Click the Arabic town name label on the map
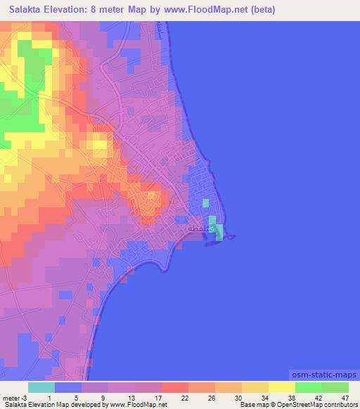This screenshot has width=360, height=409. [196, 228]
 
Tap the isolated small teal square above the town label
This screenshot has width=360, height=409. [205, 203]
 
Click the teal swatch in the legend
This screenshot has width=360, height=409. [41, 387]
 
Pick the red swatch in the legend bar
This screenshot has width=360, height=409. [174, 387]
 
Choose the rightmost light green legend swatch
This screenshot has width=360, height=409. [335, 387]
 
